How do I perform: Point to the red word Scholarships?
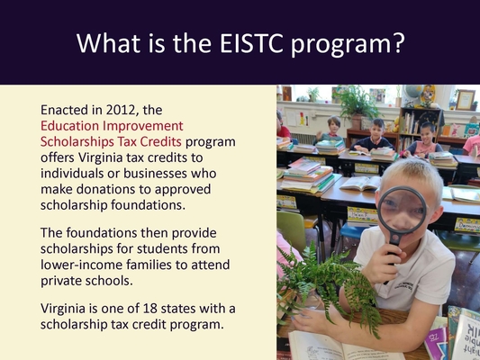(x=77, y=141)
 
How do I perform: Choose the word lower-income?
(x=81, y=265)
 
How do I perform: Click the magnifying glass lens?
(x=402, y=211)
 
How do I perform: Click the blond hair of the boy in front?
(x=412, y=175)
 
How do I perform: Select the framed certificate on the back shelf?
(x=466, y=100)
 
